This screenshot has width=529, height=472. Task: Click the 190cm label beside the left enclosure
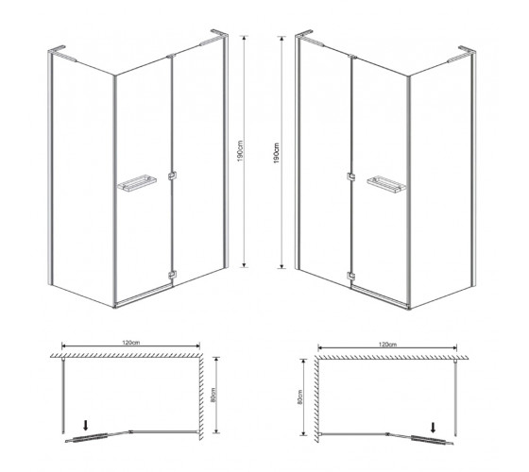[x=240, y=151]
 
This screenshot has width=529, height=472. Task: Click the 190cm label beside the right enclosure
[x=276, y=153]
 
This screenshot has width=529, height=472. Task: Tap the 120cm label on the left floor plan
[x=131, y=343]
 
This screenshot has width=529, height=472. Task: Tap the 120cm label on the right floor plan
[x=387, y=345]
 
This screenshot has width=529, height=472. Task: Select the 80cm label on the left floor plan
[x=213, y=395]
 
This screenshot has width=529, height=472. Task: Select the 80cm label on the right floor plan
[x=300, y=396]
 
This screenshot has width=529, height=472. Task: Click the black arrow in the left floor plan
[x=85, y=425]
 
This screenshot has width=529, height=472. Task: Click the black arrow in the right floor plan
[x=434, y=428]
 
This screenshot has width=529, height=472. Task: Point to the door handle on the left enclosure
[x=137, y=183]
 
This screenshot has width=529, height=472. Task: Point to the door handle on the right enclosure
[x=386, y=184]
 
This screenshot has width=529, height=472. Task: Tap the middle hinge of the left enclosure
[x=172, y=176]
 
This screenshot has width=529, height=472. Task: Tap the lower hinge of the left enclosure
[x=172, y=275]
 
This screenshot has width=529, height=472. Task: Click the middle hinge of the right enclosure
[x=350, y=177]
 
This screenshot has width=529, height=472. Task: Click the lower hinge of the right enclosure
[x=350, y=276]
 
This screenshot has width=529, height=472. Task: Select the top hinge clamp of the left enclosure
[x=171, y=56]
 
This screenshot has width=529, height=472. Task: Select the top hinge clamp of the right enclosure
[x=352, y=57]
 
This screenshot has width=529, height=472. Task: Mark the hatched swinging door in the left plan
[x=90, y=437]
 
